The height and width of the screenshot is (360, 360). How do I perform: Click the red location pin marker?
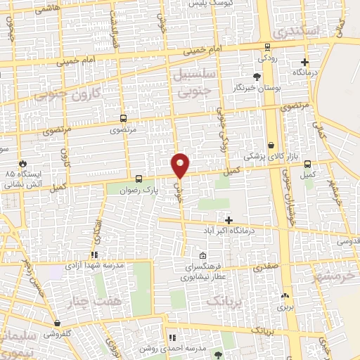click(x=181, y=165)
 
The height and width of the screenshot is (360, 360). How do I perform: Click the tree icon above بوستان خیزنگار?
click(x=257, y=77)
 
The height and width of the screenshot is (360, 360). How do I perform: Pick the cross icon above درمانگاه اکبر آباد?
click(x=229, y=220)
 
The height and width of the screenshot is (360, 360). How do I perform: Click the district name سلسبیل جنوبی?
click(x=193, y=82)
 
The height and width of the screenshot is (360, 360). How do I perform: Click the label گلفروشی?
click(x=70, y=335)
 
